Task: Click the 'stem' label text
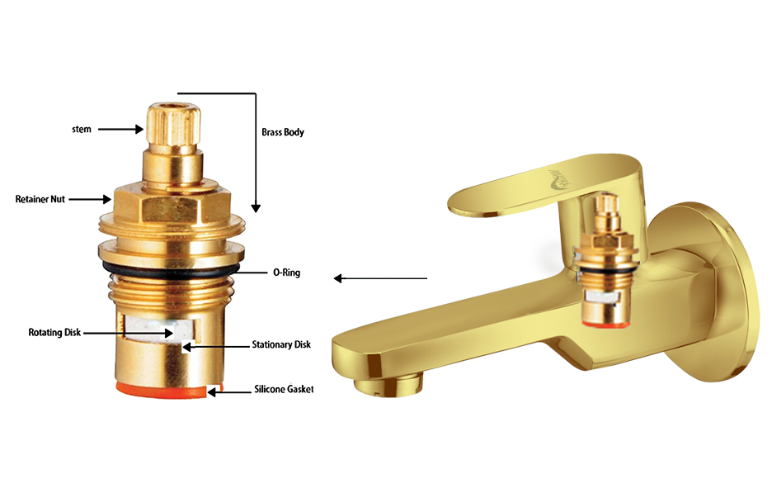tap(81, 130)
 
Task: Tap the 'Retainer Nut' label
tap(40, 200)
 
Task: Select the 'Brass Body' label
tap(283, 132)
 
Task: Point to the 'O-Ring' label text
tap(286, 273)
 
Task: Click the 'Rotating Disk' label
tap(54, 333)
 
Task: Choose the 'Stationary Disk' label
tap(281, 344)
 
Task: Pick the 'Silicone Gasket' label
tap(284, 389)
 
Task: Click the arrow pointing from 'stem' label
tap(120, 130)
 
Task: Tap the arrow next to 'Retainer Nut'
tap(90, 199)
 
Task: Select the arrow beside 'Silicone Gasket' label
tap(229, 392)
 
